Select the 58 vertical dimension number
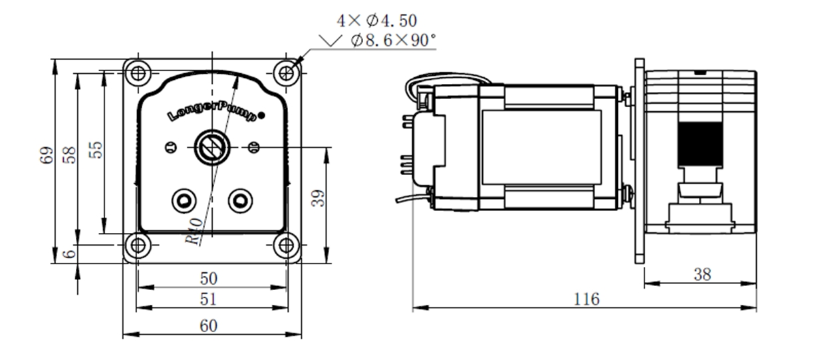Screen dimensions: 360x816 pos(70,154)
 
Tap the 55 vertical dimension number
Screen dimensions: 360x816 pos(96,149)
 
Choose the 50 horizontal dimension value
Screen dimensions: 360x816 pos(209,277)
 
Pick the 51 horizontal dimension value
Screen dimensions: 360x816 pos(209,299)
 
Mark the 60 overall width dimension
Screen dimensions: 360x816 pos(209,325)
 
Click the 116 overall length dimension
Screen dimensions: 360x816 pos(587,299)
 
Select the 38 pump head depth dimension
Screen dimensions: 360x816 pos(702,275)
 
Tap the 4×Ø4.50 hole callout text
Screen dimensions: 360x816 pos(377,21)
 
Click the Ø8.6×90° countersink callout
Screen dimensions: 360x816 pos(390,41)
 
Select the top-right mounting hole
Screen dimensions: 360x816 pos(286,72)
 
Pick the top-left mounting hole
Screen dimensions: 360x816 pos(138,72)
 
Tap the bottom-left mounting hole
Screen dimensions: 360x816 pos(138,246)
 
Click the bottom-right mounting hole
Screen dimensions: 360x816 pos(286,246)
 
